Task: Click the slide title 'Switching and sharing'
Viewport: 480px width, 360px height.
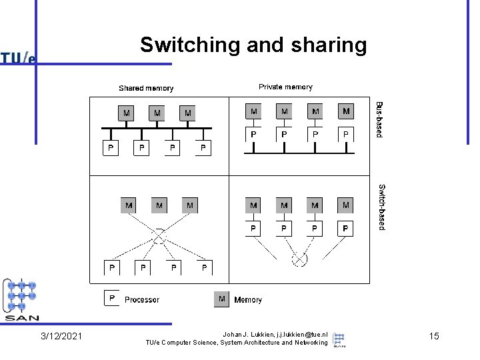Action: pos(253,45)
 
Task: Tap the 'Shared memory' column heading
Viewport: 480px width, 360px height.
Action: pos(146,88)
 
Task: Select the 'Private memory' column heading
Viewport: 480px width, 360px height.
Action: pos(285,87)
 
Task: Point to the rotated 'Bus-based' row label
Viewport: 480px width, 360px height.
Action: pos(379,119)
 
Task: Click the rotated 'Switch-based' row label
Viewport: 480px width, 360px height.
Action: pos(381,207)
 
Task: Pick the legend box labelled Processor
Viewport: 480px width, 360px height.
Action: pos(112,298)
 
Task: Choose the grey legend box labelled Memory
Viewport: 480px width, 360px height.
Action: pos(222,299)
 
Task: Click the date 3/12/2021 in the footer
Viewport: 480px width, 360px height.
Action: pos(61,336)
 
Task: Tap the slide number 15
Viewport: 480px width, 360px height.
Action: pos(433,336)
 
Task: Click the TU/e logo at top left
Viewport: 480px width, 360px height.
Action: pos(18,59)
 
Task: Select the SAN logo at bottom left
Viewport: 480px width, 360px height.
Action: pos(22,299)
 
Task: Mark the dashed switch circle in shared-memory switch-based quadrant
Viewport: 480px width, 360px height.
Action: pos(159,236)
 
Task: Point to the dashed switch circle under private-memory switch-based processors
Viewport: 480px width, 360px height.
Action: pos(299,259)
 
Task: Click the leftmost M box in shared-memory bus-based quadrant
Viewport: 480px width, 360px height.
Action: pos(126,113)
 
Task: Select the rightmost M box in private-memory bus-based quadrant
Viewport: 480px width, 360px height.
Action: pos(346,110)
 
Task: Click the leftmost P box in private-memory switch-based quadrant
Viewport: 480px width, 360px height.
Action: pos(253,229)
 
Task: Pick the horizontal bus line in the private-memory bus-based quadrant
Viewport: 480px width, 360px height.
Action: pos(299,152)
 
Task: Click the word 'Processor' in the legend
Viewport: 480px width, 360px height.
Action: pos(142,300)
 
